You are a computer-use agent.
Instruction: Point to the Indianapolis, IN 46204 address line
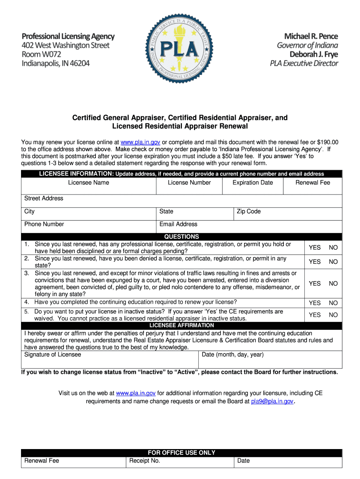(56, 63)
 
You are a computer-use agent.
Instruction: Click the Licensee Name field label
(88, 182)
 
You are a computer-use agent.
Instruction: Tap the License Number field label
(189, 182)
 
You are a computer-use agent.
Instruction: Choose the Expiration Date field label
(252, 182)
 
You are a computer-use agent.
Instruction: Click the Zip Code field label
(249, 211)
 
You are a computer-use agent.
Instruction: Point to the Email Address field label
(178, 224)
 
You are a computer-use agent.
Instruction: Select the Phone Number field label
(44, 224)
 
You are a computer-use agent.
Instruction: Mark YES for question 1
(315, 247)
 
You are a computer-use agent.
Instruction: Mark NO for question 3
(333, 283)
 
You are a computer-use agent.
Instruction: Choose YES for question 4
(315, 303)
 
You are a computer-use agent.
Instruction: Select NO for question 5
(333, 315)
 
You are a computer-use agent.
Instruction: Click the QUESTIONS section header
(181, 237)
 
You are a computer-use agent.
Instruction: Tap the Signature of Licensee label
(52, 355)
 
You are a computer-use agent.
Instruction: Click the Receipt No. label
(144, 461)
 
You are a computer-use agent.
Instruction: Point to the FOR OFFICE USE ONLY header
(181, 453)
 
